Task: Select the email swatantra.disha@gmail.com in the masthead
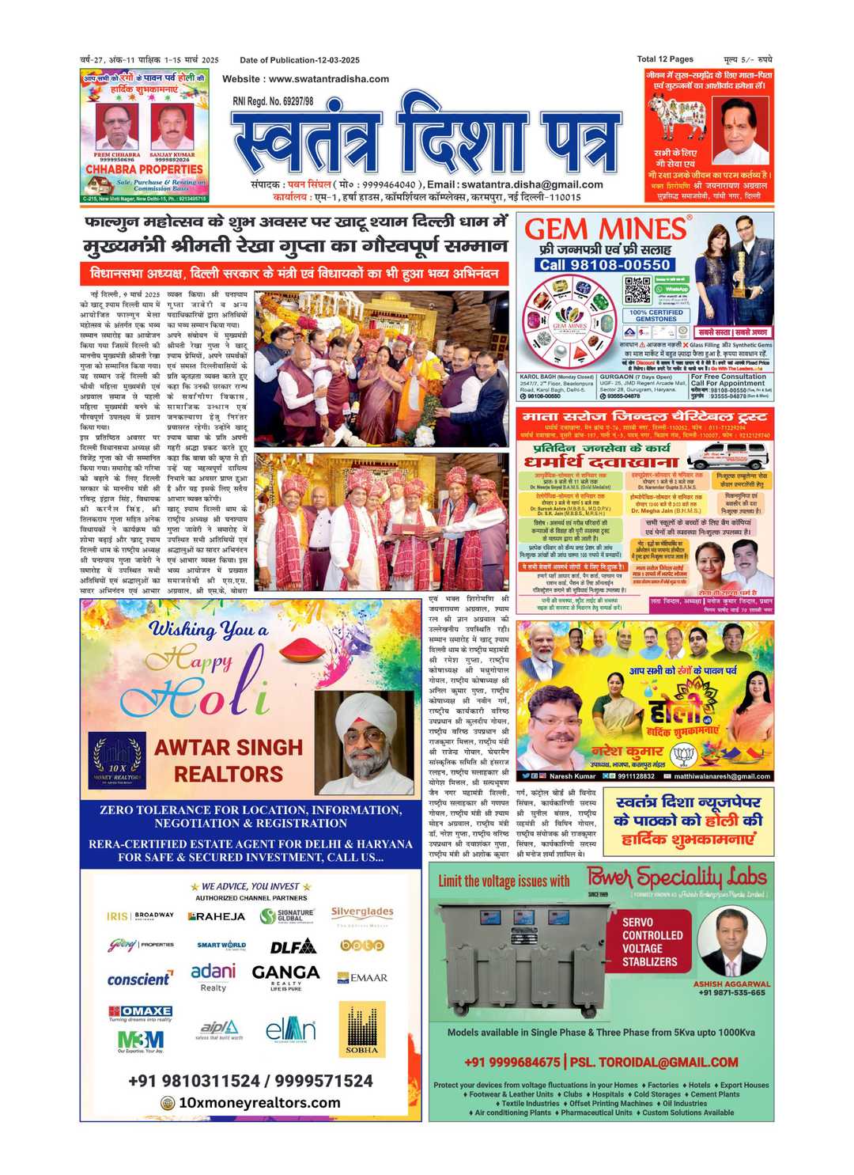532,184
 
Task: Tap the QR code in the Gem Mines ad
637,290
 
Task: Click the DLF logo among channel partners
293,946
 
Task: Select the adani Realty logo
213,976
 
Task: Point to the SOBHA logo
362,1029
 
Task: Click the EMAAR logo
362,978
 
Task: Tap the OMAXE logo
141,1011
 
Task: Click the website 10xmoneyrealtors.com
259,1102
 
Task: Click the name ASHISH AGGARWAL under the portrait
731,984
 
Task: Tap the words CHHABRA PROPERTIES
144,169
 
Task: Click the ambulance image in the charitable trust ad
725,455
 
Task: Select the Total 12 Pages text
665,59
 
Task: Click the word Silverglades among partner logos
362,912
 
